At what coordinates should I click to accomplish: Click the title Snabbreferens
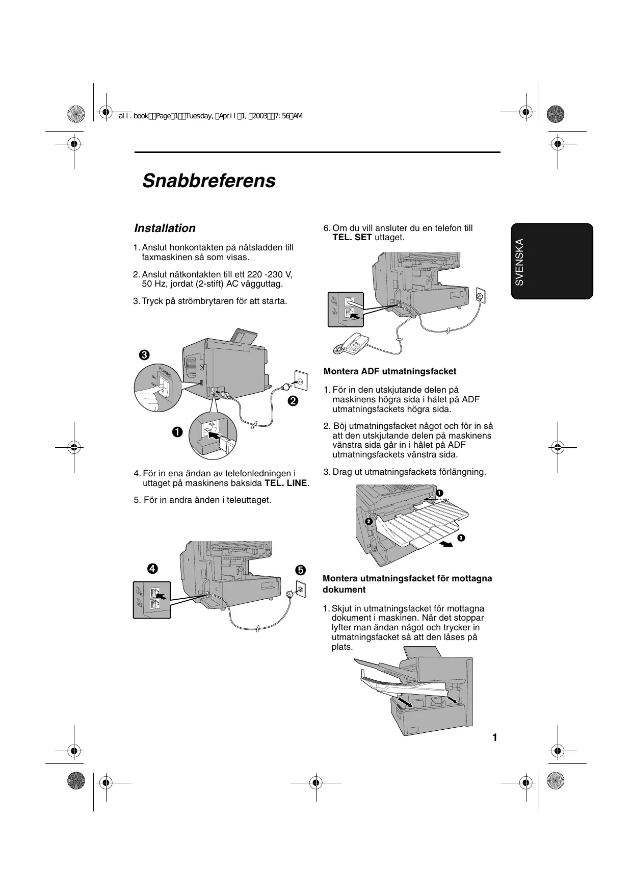click(208, 181)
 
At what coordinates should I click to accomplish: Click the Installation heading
click(165, 228)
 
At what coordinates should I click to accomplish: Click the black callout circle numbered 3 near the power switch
click(144, 355)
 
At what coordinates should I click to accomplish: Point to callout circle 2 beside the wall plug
click(293, 401)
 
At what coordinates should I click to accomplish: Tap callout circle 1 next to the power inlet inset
click(177, 432)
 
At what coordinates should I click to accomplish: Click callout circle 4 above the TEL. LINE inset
click(151, 568)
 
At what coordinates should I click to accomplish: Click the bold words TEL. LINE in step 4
click(286, 483)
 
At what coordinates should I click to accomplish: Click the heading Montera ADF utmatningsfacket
click(390, 371)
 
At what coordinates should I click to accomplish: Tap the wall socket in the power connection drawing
click(300, 380)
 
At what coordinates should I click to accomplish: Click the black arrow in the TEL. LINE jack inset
click(162, 596)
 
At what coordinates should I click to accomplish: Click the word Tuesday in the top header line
click(199, 116)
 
